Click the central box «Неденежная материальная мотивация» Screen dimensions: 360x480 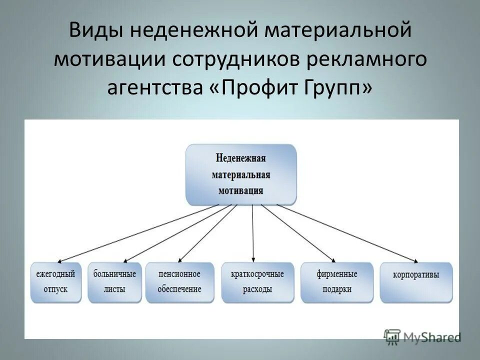point(241,174)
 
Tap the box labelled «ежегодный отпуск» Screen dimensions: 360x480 point(55,282)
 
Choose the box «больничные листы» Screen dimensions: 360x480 point(114,282)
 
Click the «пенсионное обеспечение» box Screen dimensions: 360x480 point(179,282)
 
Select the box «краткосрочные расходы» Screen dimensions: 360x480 point(257,282)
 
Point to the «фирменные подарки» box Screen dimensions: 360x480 point(336,282)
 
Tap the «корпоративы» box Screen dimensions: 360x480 point(416,282)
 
